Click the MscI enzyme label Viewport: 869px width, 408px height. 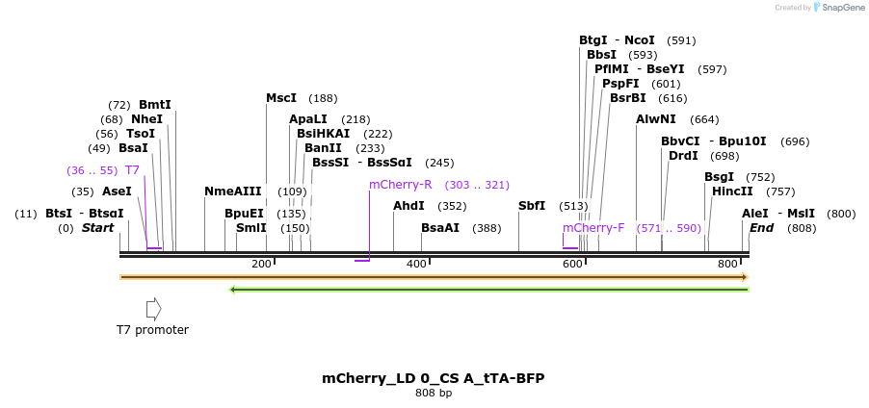click(x=281, y=98)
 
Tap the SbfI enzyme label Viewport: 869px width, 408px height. click(x=532, y=206)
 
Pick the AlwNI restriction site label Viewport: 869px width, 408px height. click(x=656, y=119)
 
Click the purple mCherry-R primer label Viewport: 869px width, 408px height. click(x=400, y=185)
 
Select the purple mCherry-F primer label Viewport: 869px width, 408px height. click(x=593, y=228)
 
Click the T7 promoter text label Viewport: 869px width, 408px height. click(x=152, y=330)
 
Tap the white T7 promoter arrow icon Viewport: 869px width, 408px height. click(x=153, y=309)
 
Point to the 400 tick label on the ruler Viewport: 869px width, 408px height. click(x=416, y=264)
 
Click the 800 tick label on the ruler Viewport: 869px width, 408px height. click(x=727, y=264)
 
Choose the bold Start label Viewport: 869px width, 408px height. click(x=97, y=228)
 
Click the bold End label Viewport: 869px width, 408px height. click(x=761, y=228)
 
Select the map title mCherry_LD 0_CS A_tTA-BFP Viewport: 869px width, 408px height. click(x=434, y=378)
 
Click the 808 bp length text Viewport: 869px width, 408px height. click(x=434, y=394)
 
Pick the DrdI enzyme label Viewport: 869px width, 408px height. click(x=683, y=156)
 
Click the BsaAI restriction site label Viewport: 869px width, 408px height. click(x=440, y=228)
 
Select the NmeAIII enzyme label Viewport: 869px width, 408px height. click(x=233, y=191)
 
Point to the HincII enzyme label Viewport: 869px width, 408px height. click(x=732, y=191)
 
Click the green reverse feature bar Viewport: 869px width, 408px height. click(x=489, y=289)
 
